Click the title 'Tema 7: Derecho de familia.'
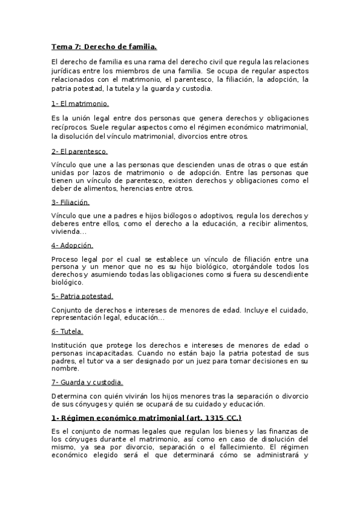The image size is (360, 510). (104, 46)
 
